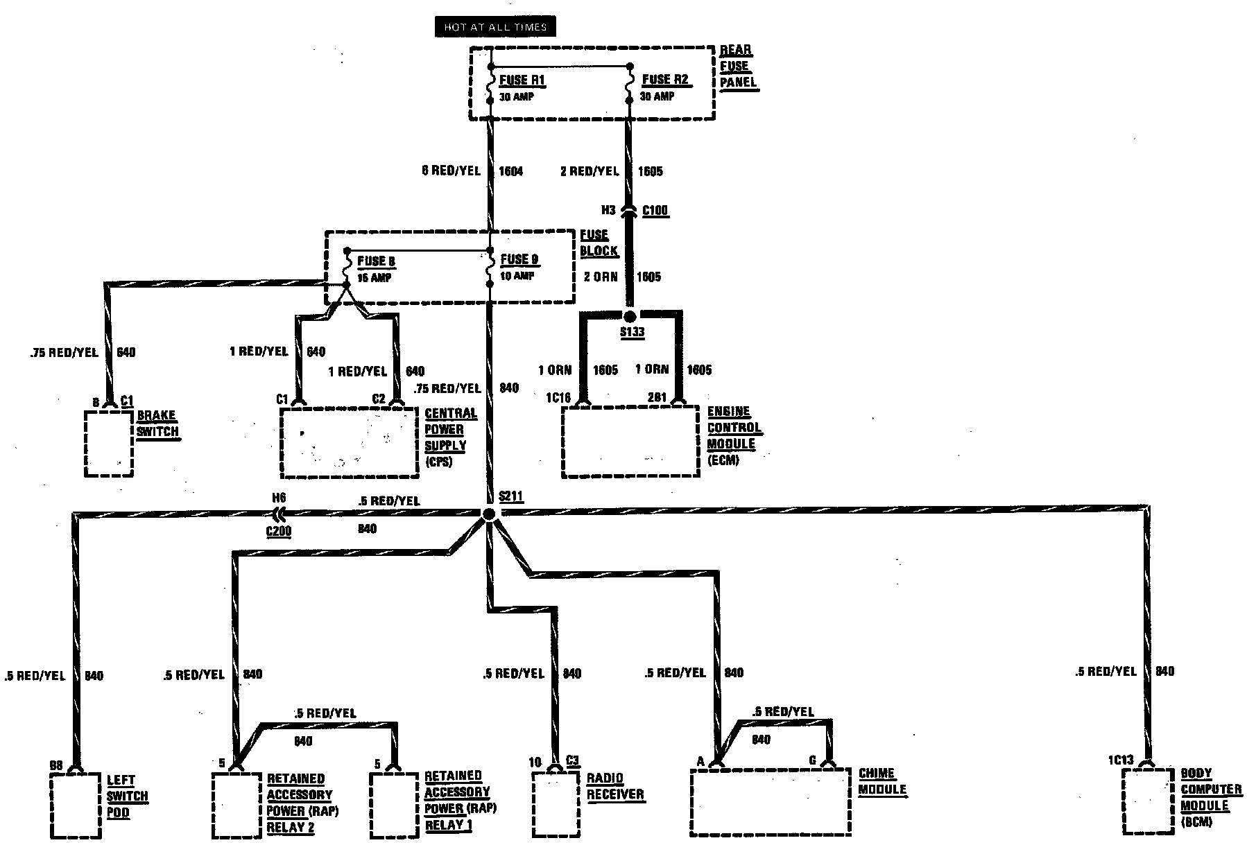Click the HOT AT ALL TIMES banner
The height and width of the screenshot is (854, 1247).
[x=495, y=27]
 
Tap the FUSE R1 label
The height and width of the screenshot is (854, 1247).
[x=522, y=80]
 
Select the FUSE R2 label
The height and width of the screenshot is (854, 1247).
[x=665, y=80]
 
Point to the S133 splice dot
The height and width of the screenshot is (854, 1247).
[x=630, y=317]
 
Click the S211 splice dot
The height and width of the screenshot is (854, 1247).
[x=489, y=514]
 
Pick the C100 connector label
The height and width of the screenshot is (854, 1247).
[x=655, y=211]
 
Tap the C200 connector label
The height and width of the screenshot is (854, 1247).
[x=278, y=531]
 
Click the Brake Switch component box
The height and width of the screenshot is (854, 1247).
[x=108, y=443]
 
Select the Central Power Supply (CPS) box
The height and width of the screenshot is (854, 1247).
[x=349, y=442]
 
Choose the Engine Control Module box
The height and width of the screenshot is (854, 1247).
[x=630, y=442]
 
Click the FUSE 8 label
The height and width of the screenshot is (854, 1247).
[x=376, y=261]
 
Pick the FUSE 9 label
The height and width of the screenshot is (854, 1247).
[x=519, y=260]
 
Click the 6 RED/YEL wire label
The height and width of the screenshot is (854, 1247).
[x=451, y=171]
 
